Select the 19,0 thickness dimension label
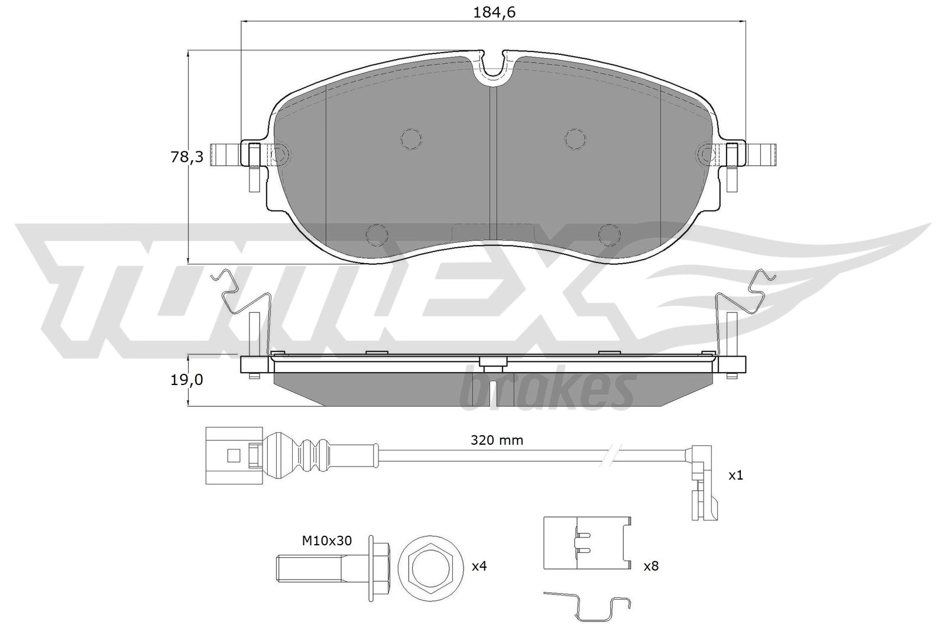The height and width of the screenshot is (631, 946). pyautogui.click(x=186, y=380)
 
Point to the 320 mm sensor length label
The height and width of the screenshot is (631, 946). pyautogui.click(x=497, y=440)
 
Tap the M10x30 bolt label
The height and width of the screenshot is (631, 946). pyautogui.click(x=327, y=540)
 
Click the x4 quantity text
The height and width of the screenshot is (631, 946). pyautogui.click(x=479, y=567)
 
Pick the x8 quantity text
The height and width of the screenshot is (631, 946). pyautogui.click(x=650, y=567)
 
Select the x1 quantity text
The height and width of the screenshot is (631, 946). pyautogui.click(x=735, y=475)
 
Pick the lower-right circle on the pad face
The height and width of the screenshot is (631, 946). pyautogui.click(x=608, y=234)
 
